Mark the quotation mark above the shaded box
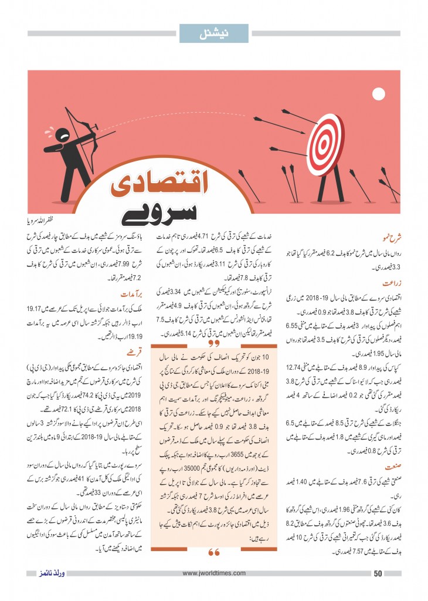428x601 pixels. coord(213,342)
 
